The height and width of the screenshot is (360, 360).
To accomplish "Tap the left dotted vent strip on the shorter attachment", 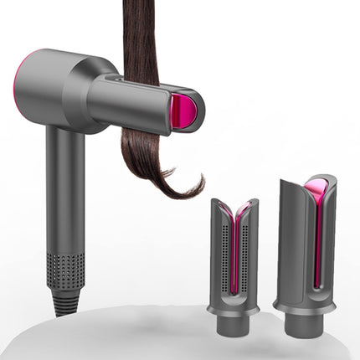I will (220, 251).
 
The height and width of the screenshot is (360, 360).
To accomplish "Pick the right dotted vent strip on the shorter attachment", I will (248, 251).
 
